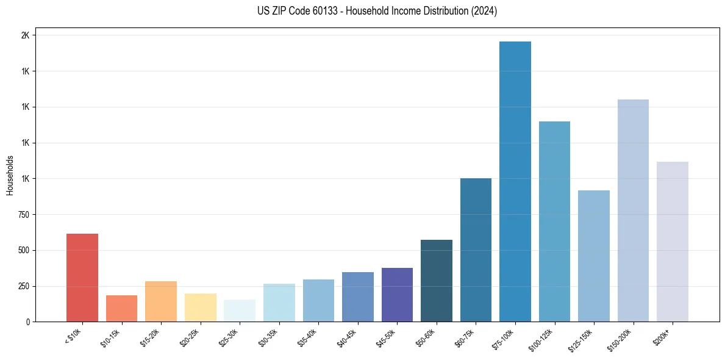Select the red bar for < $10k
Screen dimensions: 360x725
[82, 278]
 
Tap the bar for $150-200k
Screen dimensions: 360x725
[633, 211]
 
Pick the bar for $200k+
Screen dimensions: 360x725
[672, 242]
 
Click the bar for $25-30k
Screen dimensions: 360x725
[240, 311]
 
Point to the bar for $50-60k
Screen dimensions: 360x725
[437, 281]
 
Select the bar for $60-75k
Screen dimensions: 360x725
[476, 250]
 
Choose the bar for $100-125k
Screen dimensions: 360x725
[554, 221]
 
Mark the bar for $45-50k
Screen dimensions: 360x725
[397, 295]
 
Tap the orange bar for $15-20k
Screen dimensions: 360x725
[161, 301]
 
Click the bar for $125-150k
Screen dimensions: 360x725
[593, 256]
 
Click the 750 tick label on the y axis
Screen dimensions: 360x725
[23, 215]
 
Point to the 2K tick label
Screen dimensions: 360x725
[25, 35]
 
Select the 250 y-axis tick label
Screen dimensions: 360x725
[23, 286]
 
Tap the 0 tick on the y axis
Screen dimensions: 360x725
[27, 322]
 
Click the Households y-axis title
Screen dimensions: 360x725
[10, 176]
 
